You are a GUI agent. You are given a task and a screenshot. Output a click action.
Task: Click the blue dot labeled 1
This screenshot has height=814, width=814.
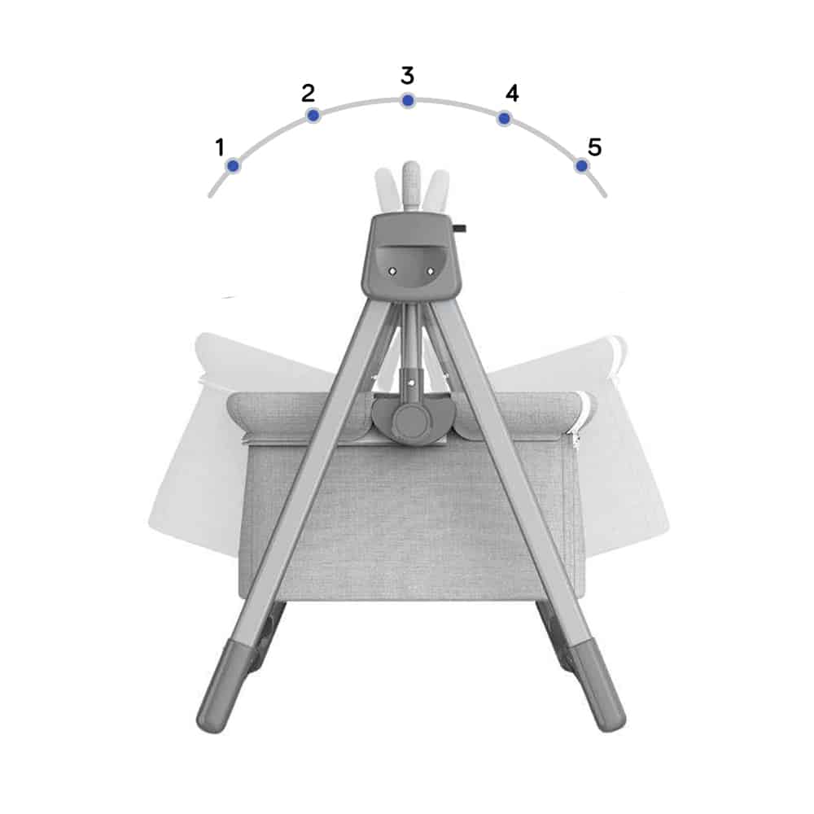pyautogui.click(x=233, y=165)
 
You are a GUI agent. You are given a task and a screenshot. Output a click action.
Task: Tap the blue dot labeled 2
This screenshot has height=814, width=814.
pyautogui.click(x=313, y=115)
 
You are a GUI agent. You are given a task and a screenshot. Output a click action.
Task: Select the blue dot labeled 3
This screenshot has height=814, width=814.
pyautogui.click(x=408, y=100)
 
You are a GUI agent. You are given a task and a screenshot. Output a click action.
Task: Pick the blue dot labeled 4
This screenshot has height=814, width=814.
pyautogui.click(x=504, y=119)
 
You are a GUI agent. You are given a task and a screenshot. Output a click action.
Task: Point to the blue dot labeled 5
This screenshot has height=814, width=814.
pyautogui.click(x=581, y=165)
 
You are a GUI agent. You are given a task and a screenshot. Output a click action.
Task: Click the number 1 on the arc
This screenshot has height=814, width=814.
pyautogui.click(x=220, y=147)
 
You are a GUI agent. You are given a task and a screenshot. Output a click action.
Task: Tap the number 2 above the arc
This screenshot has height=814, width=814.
pyautogui.click(x=308, y=93)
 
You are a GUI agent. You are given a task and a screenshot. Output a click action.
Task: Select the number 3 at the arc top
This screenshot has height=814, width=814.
pyautogui.click(x=408, y=75)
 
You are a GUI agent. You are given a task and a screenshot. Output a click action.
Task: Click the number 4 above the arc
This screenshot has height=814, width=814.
pyautogui.click(x=512, y=94)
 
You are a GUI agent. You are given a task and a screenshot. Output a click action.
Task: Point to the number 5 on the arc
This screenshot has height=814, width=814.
pyautogui.click(x=594, y=147)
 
